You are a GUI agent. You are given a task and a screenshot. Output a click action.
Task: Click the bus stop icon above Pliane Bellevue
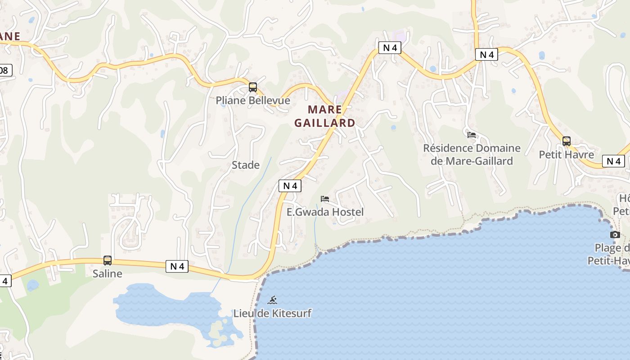click(253, 87)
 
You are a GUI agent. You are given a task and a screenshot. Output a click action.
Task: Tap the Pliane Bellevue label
click(253, 100)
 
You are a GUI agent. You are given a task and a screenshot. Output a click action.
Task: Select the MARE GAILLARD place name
click(325, 116)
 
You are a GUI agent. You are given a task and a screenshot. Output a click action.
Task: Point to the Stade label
click(246, 165)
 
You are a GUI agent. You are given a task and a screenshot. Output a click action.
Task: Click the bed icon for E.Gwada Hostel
click(325, 199)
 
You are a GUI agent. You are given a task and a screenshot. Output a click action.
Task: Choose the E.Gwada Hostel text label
click(325, 212)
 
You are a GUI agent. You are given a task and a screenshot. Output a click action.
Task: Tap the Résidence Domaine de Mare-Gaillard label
click(472, 154)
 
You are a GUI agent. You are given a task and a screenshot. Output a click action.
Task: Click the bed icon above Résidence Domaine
click(472, 135)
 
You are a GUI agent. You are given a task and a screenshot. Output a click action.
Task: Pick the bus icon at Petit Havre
click(567, 141)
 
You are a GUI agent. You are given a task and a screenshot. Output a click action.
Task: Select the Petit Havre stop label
click(567, 155)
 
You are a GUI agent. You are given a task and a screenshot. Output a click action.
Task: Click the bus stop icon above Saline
click(108, 260)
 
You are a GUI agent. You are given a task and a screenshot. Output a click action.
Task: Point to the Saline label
click(108, 274)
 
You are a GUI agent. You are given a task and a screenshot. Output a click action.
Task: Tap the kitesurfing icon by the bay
click(272, 300)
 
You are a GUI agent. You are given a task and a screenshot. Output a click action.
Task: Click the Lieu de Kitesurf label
click(272, 313)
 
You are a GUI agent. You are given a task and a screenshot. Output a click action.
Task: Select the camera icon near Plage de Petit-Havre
click(615, 234)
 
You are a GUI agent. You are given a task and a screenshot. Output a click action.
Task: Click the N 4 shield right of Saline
click(177, 266)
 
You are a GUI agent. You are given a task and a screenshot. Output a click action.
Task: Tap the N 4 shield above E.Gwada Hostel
click(290, 185)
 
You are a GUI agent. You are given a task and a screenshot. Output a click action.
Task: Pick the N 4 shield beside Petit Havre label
click(613, 161)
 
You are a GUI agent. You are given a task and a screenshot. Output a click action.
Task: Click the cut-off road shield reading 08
click(5, 70)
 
